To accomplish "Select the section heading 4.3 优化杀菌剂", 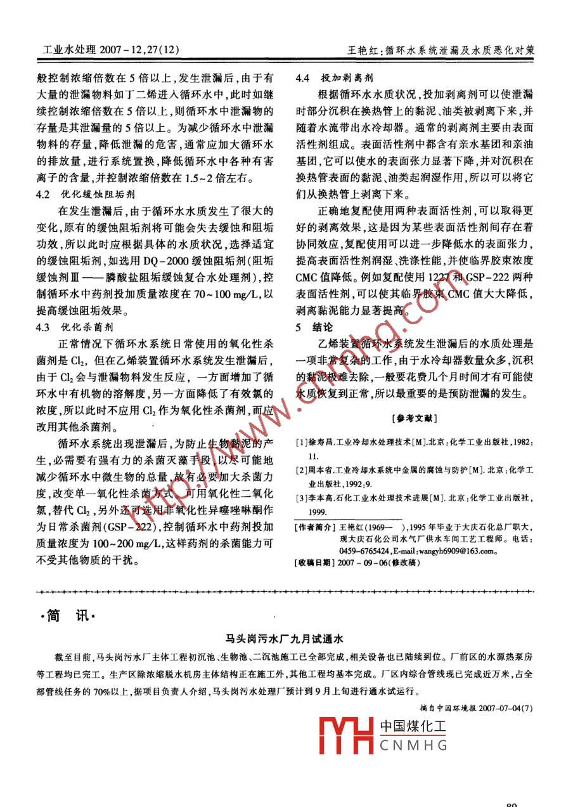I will coord(76,327).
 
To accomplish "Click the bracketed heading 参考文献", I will coord(415,419).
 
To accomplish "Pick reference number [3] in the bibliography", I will coord(302,499).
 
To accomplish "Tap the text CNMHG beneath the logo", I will coord(413,746).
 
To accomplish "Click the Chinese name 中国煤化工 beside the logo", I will coord(413,727).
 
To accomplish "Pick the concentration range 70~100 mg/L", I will coord(235,294).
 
